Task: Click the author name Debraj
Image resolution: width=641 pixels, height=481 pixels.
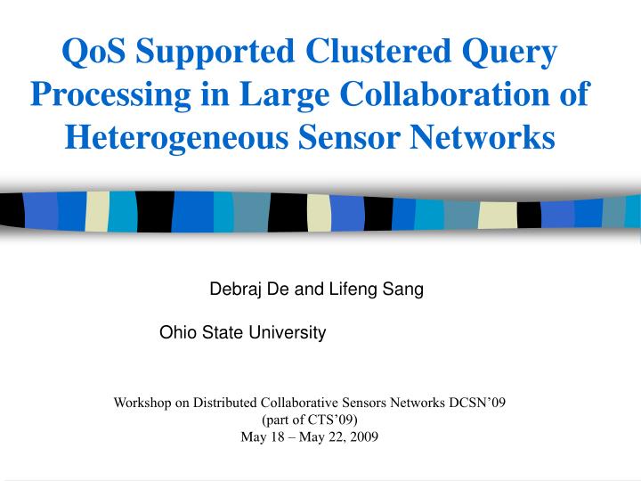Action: tap(231, 289)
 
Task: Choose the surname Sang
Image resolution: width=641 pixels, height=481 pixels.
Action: tap(405, 289)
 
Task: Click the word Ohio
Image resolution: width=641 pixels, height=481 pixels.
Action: tap(174, 332)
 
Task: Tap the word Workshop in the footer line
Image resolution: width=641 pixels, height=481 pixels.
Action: tap(142, 403)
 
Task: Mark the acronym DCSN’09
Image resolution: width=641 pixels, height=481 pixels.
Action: tap(475, 403)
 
